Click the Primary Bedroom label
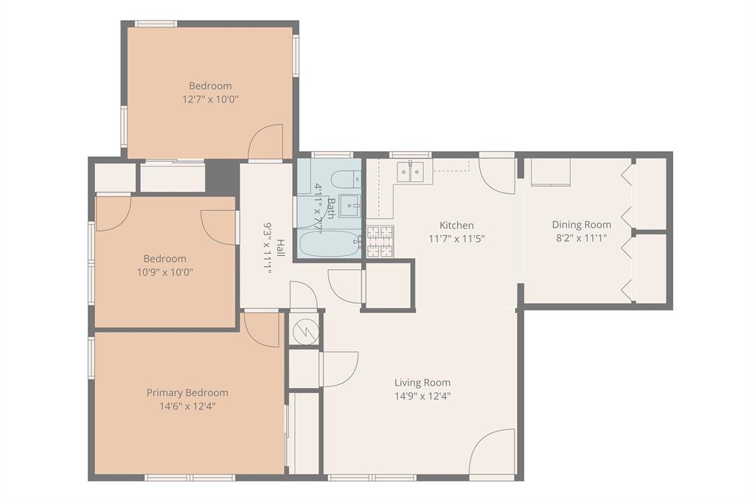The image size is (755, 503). click(187, 392)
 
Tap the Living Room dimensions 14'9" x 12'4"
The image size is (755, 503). click(422, 395)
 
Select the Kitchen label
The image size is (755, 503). click(456, 225)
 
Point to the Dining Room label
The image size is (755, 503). click(582, 224)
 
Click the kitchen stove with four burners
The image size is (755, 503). click(380, 241)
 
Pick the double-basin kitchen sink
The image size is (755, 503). click(410, 171)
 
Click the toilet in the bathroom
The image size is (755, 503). click(343, 179)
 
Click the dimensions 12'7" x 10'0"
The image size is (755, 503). click(210, 98)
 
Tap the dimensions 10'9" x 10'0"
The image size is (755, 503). click(165, 271)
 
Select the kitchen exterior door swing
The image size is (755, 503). click(498, 176)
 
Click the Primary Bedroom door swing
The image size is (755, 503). click(262, 328)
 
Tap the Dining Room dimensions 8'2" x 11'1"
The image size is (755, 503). click(582, 237)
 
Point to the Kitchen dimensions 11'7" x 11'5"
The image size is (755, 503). click(456, 238)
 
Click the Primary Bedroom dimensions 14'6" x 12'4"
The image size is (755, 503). click(187, 406)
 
